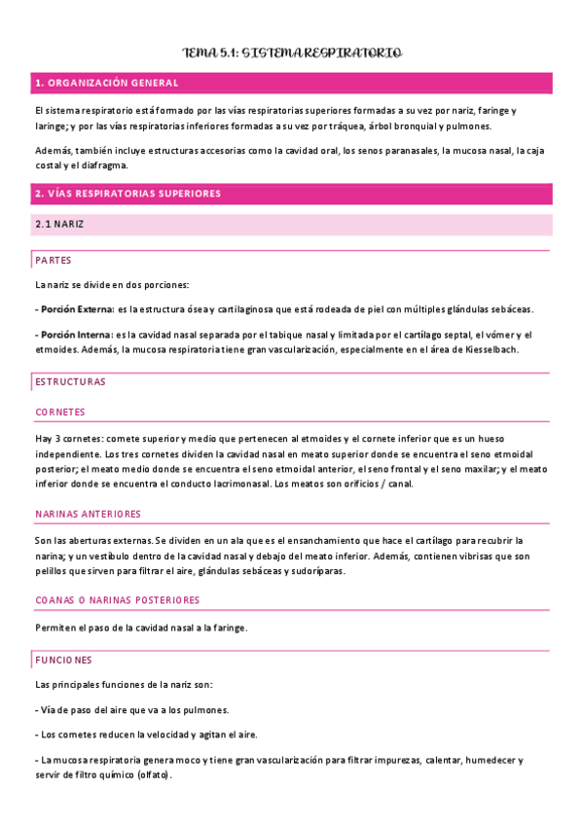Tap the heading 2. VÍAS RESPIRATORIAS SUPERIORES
click(x=127, y=194)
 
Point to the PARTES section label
click(x=53, y=261)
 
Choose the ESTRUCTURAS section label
click(x=70, y=381)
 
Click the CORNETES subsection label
click(x=60, y=412)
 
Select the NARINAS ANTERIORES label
click(x=88, y=514)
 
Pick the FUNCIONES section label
click(x=63, y=660)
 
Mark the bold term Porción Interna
click(x=75, y=334)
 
